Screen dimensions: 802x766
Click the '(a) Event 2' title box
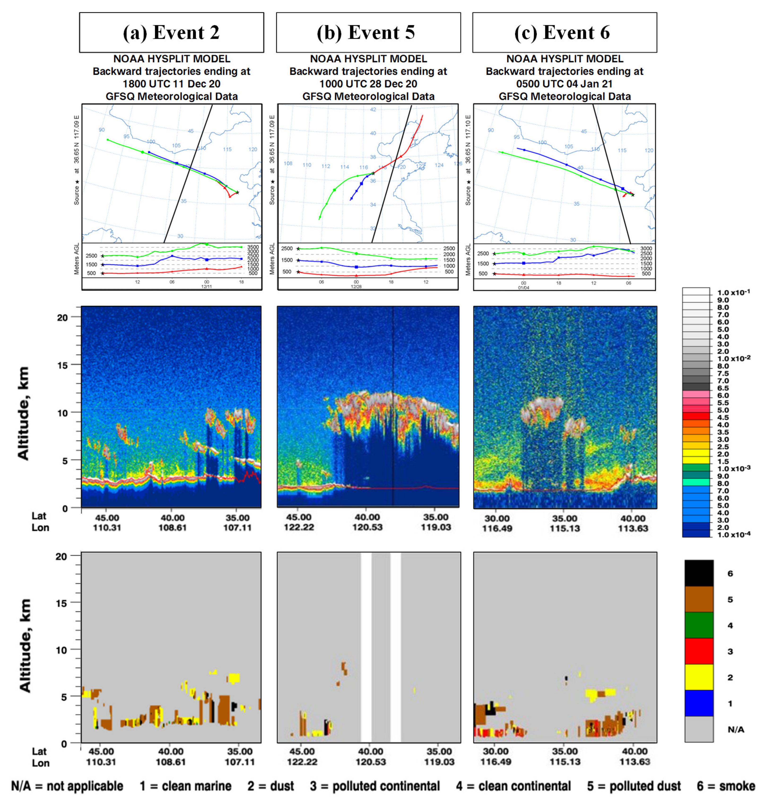pos(171,32)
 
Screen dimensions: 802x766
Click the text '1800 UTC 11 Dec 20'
pos(171,84)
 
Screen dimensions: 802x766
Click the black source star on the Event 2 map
pos(237,192)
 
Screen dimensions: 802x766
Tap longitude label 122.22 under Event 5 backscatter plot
pos(299,527)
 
